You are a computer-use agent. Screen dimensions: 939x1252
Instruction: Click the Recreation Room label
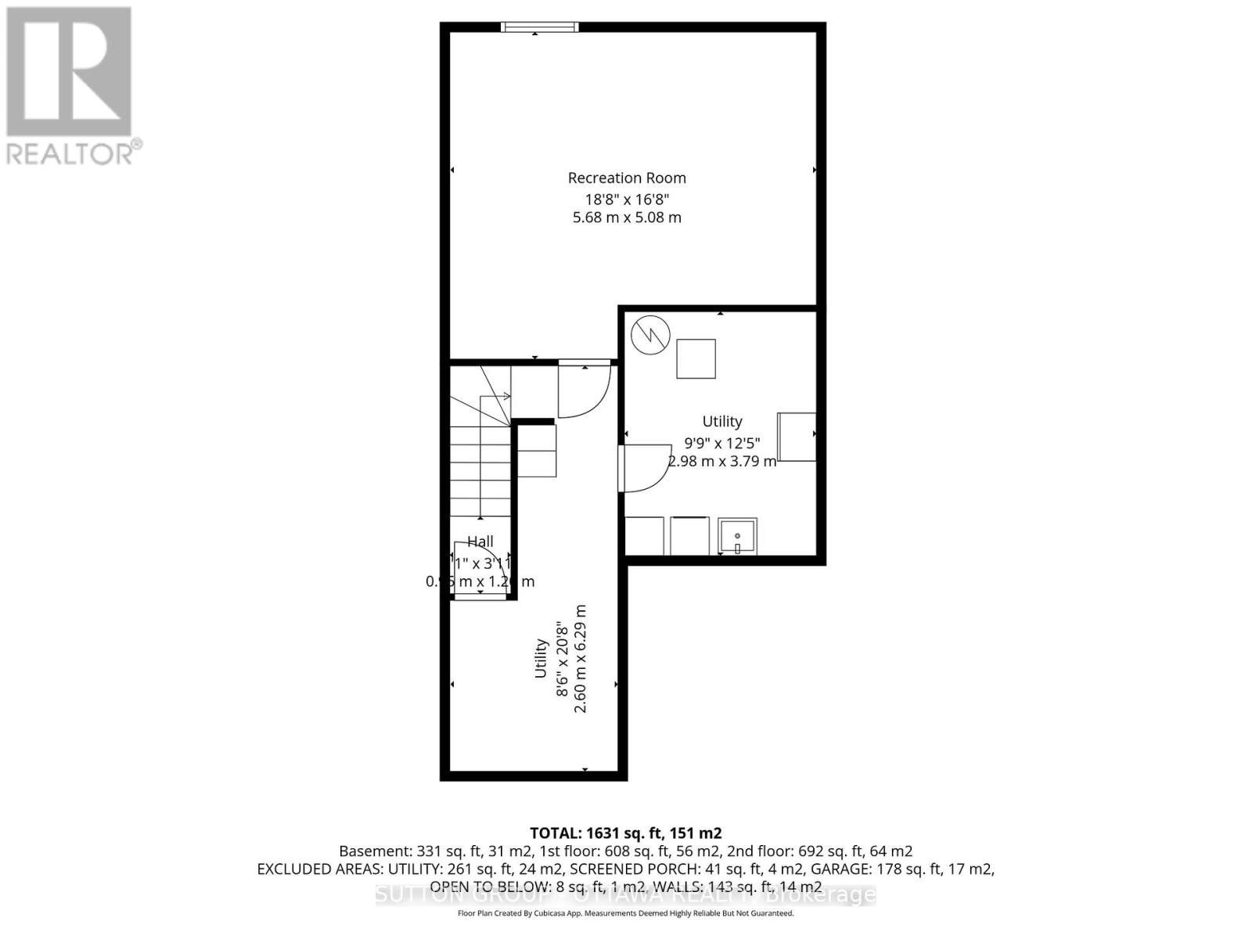(627, 178)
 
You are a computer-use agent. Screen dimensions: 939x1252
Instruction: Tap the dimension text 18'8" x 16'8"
(627, 198)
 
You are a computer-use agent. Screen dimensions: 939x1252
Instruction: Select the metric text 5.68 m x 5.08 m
(627, 218)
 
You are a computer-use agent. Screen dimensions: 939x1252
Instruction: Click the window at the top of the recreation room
(540, 27)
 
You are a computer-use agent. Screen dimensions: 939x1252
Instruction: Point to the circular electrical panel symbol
(651, 335)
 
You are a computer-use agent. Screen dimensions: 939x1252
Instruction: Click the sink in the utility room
(737, 537)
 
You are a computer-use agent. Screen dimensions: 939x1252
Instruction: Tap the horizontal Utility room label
(721, 421)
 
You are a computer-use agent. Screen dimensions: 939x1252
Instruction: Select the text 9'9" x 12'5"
(721, 442)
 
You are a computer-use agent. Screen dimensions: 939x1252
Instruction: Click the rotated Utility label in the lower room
(541, 658)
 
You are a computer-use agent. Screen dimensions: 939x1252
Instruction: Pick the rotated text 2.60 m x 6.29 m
(581, 658)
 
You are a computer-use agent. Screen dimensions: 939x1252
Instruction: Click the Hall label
(480, 541)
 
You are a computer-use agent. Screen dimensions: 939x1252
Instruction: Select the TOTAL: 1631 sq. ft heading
(625, 833)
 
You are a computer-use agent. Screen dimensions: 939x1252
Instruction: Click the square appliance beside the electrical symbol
(696, 358)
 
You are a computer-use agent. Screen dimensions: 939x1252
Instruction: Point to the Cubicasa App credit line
(625, 913)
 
